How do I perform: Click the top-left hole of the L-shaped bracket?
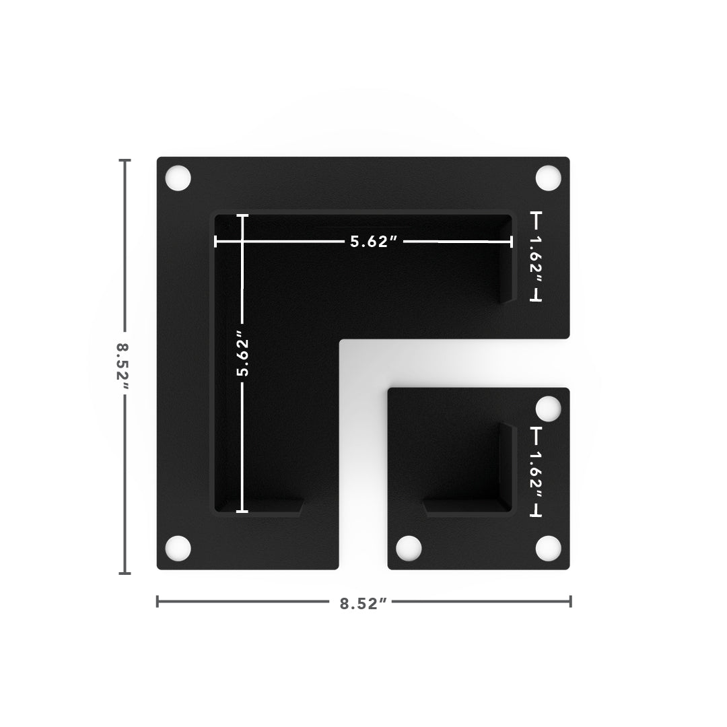(x=178, y=178)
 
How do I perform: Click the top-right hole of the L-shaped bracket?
(x=548, y=178)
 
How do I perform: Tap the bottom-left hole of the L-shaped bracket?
(x=178, y=549)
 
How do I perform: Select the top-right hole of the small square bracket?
(x=548, y=409)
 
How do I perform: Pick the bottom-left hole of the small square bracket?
(x=409, y=549)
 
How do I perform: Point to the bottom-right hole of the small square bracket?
(x=548, y=549)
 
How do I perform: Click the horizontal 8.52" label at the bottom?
(x=363, y=604)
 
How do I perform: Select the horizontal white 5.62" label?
(x=370, y=242)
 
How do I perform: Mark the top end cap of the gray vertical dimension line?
(x=125, y=160)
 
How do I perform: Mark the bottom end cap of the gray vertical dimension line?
(x=125, y=574)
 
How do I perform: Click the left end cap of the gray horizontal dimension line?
(x=158, y=601)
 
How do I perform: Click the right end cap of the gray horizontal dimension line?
(x=571, y=601)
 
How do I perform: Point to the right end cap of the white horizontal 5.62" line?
(x=512, y=242)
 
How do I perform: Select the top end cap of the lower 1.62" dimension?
(x=536, y=427)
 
